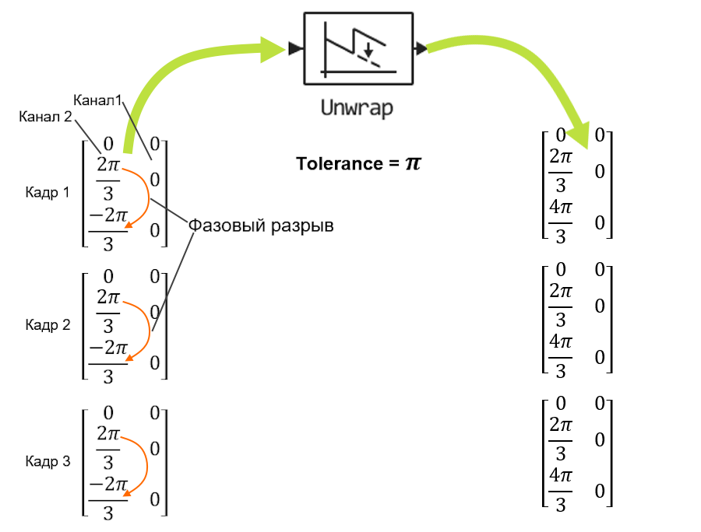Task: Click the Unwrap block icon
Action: [357, 48]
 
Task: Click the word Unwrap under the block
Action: [357, 107]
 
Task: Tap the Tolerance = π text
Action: [358, 164]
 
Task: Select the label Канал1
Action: [98, 100]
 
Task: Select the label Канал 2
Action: [46, 117]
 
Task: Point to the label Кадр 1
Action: [48, 192]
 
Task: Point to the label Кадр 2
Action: [48, 325]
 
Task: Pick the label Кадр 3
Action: [48, 462]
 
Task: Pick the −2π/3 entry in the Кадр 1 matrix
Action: [108, 229]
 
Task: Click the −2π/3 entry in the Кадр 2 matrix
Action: [108, 362]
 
